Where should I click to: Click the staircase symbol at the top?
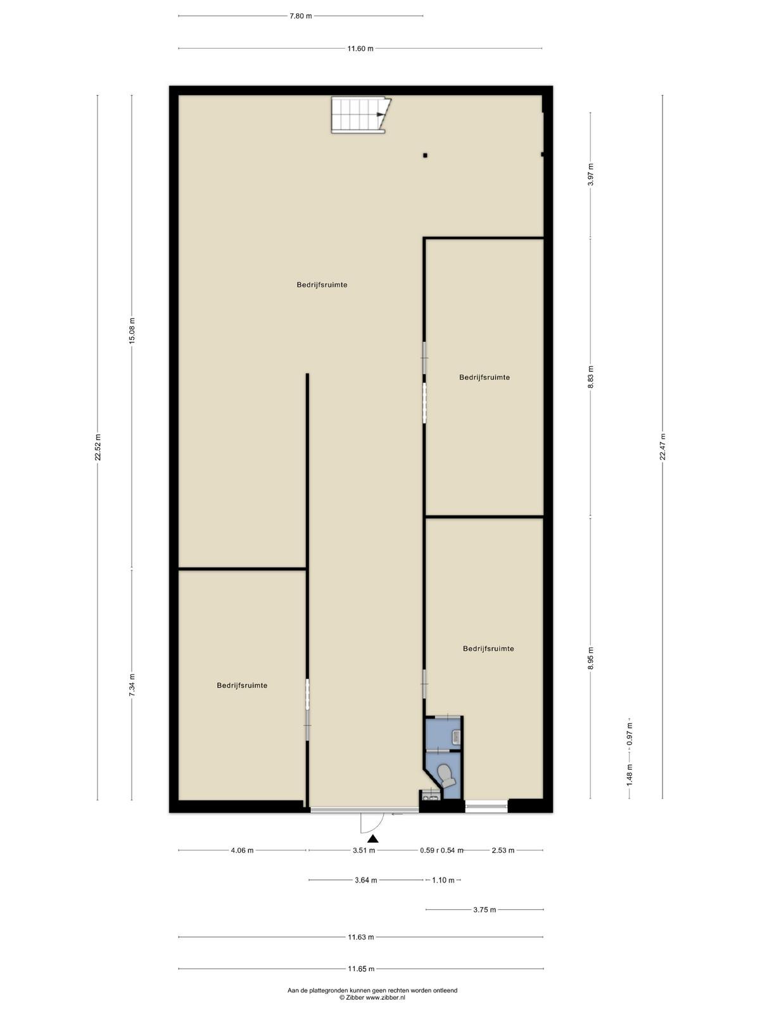361,115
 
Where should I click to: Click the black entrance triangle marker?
372,839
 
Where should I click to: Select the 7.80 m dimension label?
300,16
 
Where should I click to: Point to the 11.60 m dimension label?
360,49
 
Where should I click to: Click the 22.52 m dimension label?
98,447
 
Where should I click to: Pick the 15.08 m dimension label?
132,330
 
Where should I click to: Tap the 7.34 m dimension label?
132,685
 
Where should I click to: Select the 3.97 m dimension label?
591,175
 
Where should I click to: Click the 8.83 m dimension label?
591,377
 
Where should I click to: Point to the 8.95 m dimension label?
591,658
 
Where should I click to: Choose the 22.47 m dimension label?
662,447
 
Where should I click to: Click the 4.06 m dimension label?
242,850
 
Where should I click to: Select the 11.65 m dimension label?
361,969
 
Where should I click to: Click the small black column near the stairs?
425,155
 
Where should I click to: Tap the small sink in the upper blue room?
457,737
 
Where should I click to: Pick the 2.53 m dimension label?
502,850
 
